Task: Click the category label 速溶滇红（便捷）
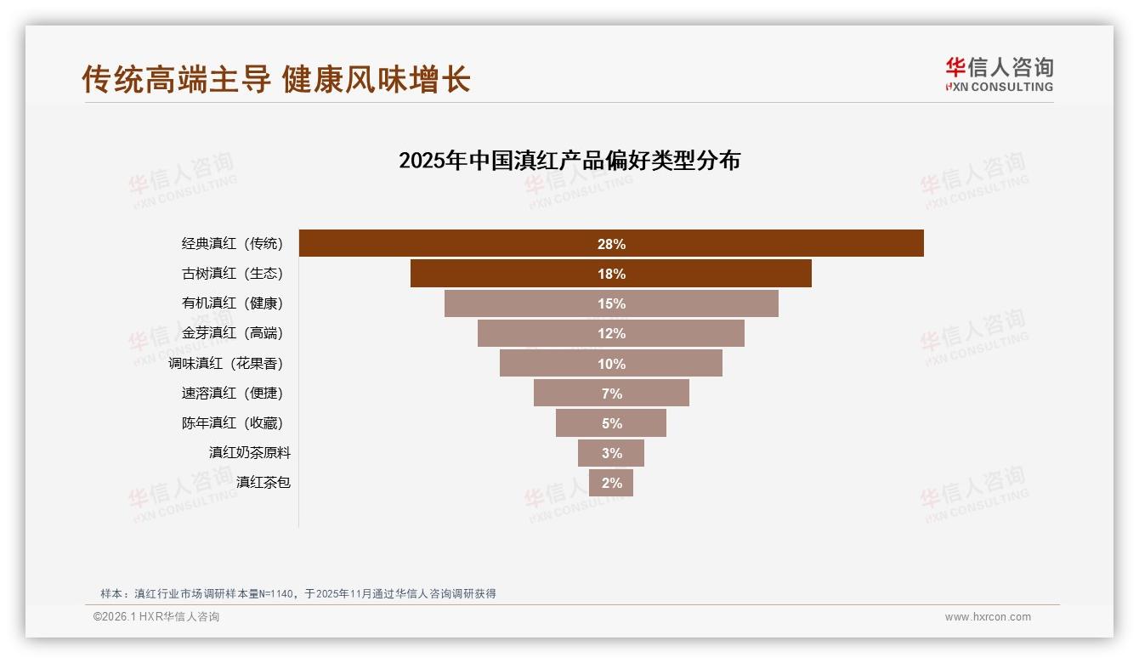tap(232, 393)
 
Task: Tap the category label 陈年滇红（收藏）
tap(232, 422)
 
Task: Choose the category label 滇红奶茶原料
tap(250, 452)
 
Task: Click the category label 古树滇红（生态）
tap(232, 274)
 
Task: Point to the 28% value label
tap(611, 244)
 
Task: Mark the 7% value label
tap(612, 394)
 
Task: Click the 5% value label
tap(612, 423)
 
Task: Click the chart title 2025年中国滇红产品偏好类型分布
tap(569, 161)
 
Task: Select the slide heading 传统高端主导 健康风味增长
tap(276, 79)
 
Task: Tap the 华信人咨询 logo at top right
tap(999, 74)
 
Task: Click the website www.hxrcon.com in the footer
tap(988, 617)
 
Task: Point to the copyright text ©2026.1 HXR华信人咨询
tap(156, 617)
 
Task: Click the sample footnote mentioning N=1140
tap(297, 594)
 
